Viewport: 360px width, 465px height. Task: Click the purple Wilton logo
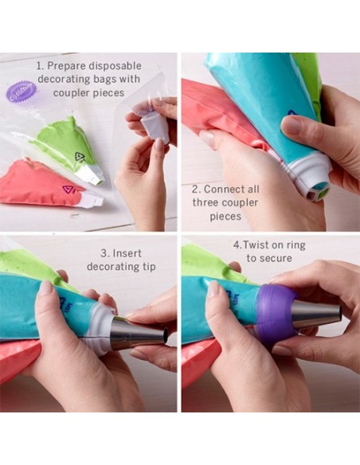pos(22,92)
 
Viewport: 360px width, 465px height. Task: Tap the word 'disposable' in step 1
pos(115,66)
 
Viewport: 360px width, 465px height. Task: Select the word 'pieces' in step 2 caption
pos(225,217)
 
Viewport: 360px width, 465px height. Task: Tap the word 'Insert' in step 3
pos(127,253)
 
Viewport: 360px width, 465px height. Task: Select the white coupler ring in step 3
pos(101,329)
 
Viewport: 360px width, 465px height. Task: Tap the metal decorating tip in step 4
pos(317,317)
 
